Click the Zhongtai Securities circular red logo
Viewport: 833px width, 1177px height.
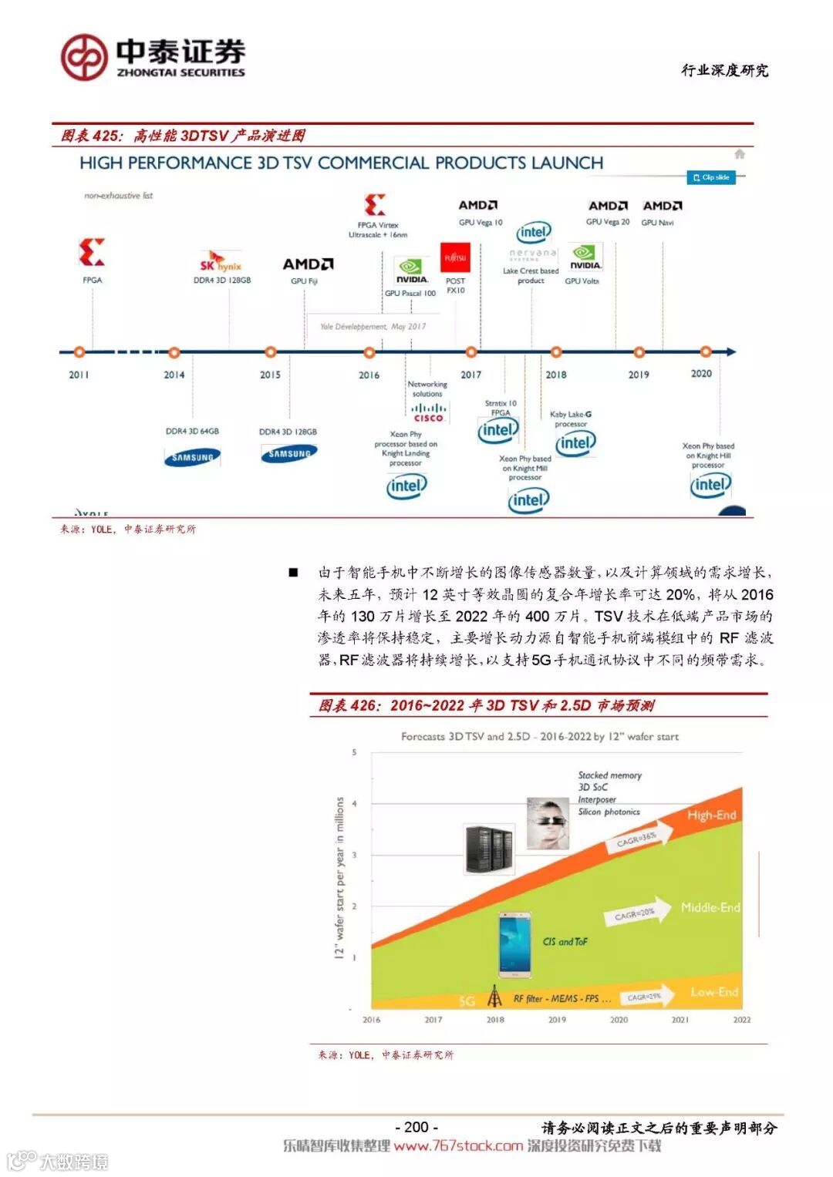point(84,57)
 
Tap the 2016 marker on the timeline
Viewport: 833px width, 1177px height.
point(369,353)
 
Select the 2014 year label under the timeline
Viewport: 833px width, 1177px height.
point(174,375)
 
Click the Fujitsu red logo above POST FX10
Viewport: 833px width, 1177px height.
point(455,257)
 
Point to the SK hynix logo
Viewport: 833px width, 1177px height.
point(221,263)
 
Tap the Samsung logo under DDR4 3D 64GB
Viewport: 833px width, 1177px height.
point(192,457)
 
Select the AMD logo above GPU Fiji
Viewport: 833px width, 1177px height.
point(308,264)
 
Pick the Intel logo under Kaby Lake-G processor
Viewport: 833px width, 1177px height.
point(575,443)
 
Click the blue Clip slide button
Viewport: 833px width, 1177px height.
point(711,177)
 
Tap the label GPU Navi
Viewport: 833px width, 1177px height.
point(657,223)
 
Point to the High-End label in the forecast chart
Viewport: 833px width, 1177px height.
point(711,815)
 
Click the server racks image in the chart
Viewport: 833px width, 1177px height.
point(489,849)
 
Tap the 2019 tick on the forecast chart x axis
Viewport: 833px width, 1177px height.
point(557,1020)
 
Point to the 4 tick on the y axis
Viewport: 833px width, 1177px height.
point(355,804)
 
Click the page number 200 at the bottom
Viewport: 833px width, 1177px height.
point(416,1127)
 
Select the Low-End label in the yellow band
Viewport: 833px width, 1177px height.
point(714,992)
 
